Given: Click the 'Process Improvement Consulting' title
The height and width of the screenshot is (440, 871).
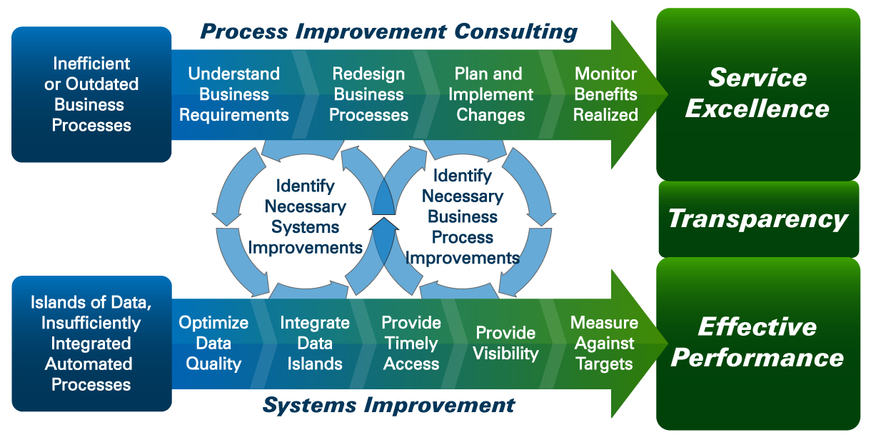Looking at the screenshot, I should (388, 32).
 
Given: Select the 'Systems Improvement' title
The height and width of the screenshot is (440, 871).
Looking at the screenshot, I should (388, 406).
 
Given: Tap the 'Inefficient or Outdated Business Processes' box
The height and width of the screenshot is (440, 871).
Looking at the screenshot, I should (91, 94).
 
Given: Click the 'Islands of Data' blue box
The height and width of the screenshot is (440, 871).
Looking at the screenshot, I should (91, 344).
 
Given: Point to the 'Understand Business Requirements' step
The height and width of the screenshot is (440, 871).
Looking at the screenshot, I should (233, 94).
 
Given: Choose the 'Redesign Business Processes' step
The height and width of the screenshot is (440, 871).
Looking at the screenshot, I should (368, 94).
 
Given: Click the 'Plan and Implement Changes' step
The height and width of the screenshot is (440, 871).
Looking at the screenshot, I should (490, 94).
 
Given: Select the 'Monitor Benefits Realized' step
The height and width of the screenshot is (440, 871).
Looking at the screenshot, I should (605, 94).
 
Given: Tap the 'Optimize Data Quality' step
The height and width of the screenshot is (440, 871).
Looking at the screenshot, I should (213, 343).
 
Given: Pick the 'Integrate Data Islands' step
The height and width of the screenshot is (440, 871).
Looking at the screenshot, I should (315, 343).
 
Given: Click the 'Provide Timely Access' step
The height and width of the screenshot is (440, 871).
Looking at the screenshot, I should (411, 343).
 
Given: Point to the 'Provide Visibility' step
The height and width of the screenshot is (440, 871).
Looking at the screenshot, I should (505, 343).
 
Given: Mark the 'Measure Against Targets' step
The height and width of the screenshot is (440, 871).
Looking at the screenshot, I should (604, 343).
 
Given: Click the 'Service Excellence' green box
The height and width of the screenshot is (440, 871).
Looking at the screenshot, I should (757, 94).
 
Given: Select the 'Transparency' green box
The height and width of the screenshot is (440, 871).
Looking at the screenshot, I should (758, 219).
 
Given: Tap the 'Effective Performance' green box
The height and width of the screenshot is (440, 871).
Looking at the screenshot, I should (757, 342).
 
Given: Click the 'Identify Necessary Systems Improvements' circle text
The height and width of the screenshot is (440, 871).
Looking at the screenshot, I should (305, 216).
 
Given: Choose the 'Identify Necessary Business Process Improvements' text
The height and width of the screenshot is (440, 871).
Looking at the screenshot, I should (463, 216).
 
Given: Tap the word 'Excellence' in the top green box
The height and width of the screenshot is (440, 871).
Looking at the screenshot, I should (757, 109).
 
